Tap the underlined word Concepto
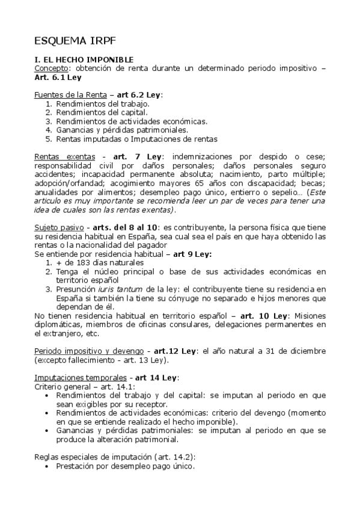51,69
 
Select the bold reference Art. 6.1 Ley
58,78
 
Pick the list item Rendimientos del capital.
101,112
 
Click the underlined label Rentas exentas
60,157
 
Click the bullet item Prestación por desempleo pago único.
125,465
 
